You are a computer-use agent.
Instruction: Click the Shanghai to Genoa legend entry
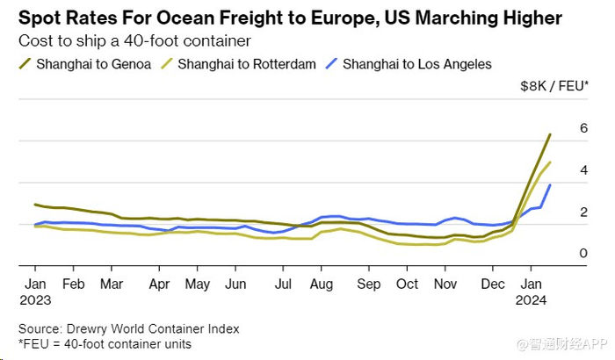(92, 63)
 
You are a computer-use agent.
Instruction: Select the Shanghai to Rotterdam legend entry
(246, 63)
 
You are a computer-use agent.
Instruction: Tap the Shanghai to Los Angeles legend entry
(416, 63)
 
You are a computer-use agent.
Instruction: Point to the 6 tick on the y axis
(582, 128)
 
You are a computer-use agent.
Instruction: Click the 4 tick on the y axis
(582, 170)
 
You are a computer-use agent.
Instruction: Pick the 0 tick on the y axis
(582, 254)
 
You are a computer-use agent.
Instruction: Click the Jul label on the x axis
(283, 284)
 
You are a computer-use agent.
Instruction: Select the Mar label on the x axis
(111, 284)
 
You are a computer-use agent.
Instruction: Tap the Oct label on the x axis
(407, 284)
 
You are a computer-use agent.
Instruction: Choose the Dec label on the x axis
(493, 284)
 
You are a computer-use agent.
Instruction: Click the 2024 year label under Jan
(532, 300)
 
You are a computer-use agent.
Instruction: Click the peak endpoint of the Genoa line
(550, 134)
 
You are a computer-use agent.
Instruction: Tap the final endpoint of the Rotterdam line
(550, 162)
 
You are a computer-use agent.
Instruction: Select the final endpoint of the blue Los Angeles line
(550, 184)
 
